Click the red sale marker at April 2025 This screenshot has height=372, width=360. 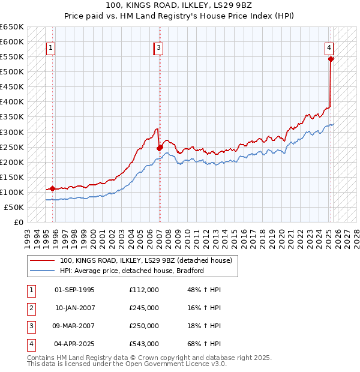pos(331,59)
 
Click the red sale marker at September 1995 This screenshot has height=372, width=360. pos(52,188)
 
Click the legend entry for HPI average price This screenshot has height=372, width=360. pos(132,271)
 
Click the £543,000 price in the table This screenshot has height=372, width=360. pos(143,344)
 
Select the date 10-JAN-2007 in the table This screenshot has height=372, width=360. pos(74,308)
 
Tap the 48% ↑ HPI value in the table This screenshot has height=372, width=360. pos(203,290)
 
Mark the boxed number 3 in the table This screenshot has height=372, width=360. pos(31,326)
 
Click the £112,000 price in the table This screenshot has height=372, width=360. pos(143,290)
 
